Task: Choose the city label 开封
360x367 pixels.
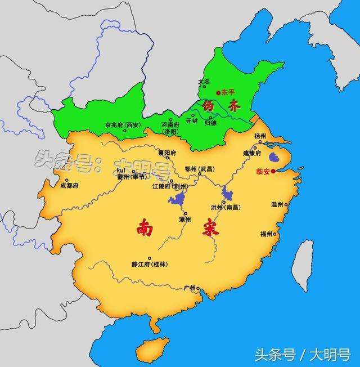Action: coord(191,121)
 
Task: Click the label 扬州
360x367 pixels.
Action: coord(260,136)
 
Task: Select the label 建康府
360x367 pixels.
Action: coord(251,153)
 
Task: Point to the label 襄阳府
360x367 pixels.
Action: coord(166,153)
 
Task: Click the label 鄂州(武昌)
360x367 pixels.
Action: coord(199,169)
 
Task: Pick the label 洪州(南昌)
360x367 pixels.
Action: coord(225,207)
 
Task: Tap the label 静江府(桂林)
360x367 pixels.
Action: coord(149,263)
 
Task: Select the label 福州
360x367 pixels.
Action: coord(266,233)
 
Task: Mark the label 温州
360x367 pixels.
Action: coord(278,205)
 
